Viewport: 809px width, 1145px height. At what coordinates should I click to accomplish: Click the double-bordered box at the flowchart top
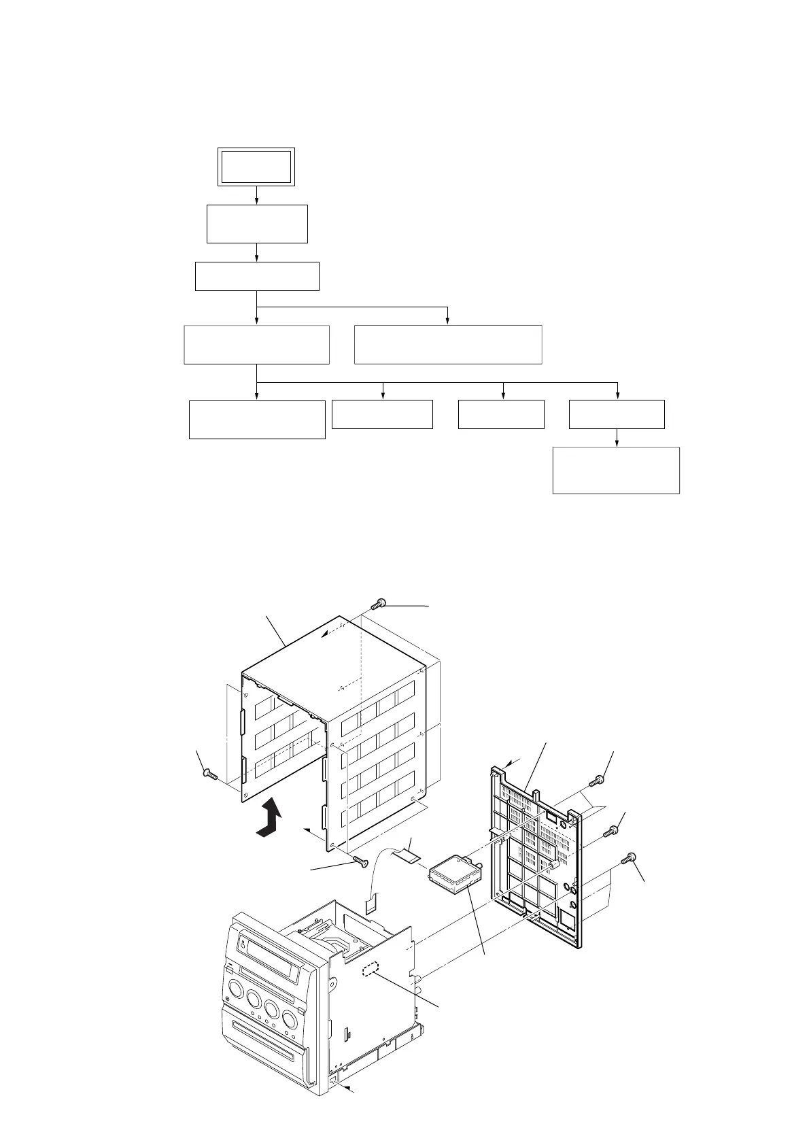tap(256, 167)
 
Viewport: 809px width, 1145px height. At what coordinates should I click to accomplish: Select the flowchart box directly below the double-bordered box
tap(257, 224)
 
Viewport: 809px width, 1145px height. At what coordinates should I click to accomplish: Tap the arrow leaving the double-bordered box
tap(256, 195)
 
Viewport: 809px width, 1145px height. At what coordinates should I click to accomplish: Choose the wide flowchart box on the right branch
tap(448, 345)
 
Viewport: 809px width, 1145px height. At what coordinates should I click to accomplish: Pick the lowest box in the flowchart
tap(616, 470)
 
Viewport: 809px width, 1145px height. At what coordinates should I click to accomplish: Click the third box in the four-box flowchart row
tap(501, 414)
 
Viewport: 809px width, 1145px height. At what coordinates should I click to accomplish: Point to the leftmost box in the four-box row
tap(256, 420)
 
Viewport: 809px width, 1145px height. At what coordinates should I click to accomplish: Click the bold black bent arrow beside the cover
tap(271, 819)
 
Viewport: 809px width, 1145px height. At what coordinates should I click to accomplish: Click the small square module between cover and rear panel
tap(453, 874)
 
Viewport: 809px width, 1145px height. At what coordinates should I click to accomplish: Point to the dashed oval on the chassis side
tap(372, 970)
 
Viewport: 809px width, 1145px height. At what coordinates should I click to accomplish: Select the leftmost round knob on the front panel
tap(237, 988)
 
